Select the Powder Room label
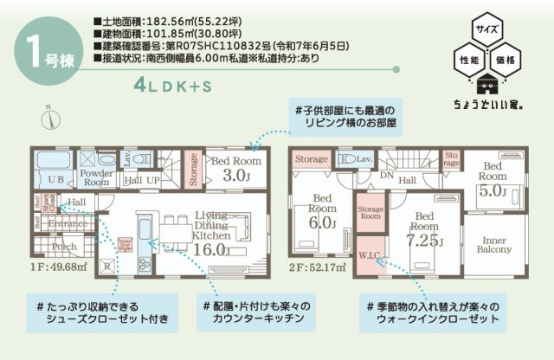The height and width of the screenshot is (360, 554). [96, 177]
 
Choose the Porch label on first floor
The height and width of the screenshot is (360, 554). [64, 246]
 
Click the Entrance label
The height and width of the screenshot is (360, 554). [66, 223]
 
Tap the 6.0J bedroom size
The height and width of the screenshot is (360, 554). [322, 223]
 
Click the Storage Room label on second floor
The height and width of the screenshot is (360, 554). [370, 213]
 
